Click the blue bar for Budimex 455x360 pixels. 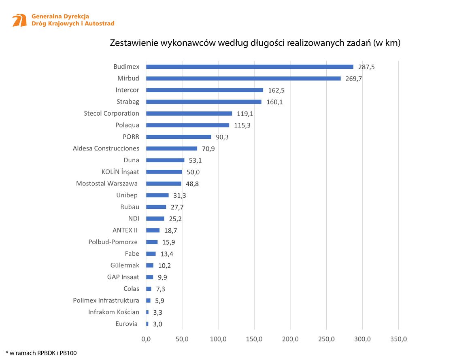click(249, 67)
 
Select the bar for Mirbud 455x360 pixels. click(243, 78)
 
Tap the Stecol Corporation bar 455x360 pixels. click(189, 114)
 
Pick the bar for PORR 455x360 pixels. click(179, 137)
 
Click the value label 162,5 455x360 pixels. click(276, 90)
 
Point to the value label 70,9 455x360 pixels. click(208, 149)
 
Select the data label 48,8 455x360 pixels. click(192, 184)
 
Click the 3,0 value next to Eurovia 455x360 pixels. click(157, 324)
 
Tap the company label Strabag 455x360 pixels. click(128, 102)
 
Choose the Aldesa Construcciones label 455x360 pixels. click(106, 148)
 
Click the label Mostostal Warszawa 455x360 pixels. click(107, 184)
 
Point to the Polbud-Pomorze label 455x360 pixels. click(113, 242)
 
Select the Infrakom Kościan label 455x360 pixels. click(114, 312)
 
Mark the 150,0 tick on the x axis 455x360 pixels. click(254, 339)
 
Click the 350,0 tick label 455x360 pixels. click(399, 339)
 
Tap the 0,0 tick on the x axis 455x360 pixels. click(146, 339)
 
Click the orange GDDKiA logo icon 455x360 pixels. click(19, 20)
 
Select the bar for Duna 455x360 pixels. click(165, 160)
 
